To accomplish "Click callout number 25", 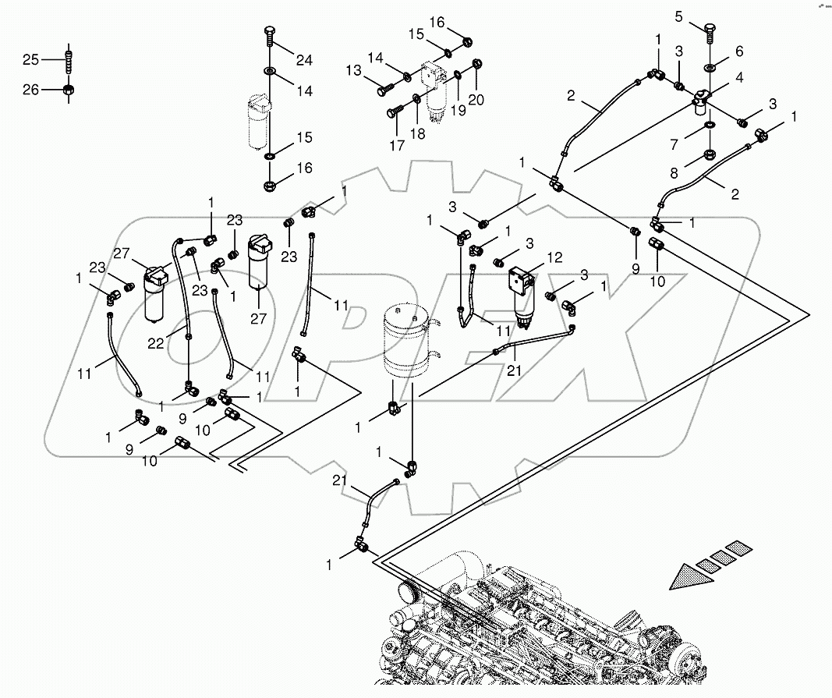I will (x=30, y=59).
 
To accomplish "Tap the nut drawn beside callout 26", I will (x=69, y=90).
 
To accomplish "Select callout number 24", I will (x=303, y=61).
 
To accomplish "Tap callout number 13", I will (x=354, y=71).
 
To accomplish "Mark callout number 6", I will (x=739, y=51).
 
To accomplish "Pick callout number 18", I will (x=418, y=134).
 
